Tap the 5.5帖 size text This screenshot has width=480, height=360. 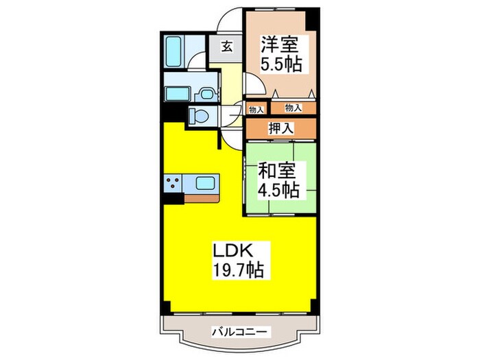(x=281, y=66)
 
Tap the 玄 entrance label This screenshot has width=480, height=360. (x=227, y=49)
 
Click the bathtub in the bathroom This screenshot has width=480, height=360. (x=172, y=51)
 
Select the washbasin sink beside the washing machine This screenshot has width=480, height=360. (x=206, y=95)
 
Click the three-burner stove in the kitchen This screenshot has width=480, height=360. (x=172, y=183)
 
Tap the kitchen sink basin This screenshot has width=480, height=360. (x=206, y=183)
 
